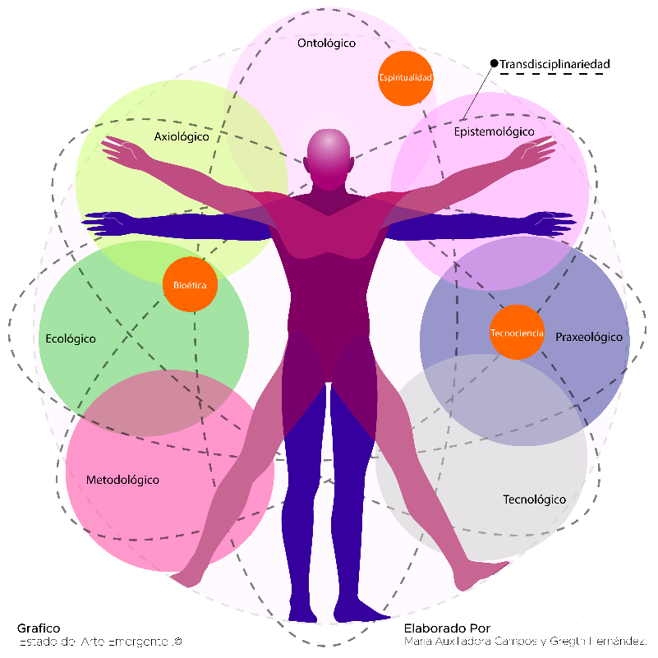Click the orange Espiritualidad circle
pos(405,77)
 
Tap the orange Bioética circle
pos(190,285)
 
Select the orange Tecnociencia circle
pos(517,333)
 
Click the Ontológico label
pos(326,43)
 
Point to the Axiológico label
pos(182,137)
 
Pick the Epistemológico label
pos(494,131)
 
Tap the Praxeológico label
pos(589,337)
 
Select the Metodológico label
pos(122,480)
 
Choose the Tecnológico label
pos(534,499)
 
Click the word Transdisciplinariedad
pos(554,63)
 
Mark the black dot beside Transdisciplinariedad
pos(494,63)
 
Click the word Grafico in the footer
pos(39,628)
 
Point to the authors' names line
pos(526,641)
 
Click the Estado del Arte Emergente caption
pos(99,641)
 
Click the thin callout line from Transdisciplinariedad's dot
pos(478,91)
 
